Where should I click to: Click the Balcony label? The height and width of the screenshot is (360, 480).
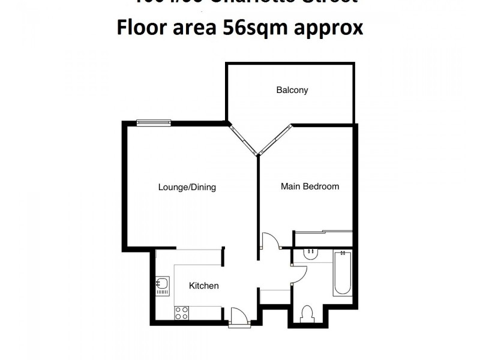click(292, 90)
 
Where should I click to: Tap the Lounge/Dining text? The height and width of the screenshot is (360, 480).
click(187, 187)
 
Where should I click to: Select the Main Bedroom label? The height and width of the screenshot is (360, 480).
click(310, 187)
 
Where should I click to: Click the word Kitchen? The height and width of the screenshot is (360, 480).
click(204, 286)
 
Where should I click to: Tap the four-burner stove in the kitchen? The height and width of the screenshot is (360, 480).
click(182, 313)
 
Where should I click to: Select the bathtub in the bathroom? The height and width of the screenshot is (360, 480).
click(343, 273)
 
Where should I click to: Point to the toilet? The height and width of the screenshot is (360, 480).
click(308, 314)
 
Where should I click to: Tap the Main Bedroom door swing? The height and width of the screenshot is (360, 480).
click(270, 242)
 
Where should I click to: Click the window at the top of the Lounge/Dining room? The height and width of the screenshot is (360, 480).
click(154, 123)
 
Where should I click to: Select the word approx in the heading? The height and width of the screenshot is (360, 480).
click(333, 29)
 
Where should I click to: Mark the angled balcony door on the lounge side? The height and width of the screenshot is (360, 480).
click(244, 139)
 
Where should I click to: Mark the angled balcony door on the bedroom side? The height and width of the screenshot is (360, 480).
click(275, 140)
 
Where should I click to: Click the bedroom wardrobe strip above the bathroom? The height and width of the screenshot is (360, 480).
click(323, 232)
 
